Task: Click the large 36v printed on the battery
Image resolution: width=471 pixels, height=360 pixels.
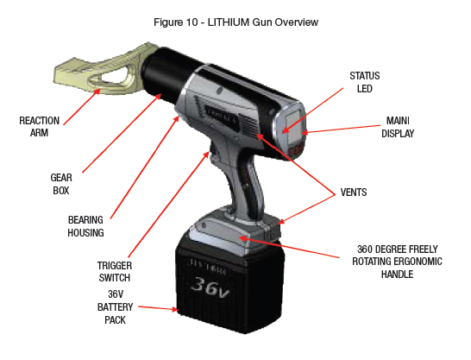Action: click(210, 287)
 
